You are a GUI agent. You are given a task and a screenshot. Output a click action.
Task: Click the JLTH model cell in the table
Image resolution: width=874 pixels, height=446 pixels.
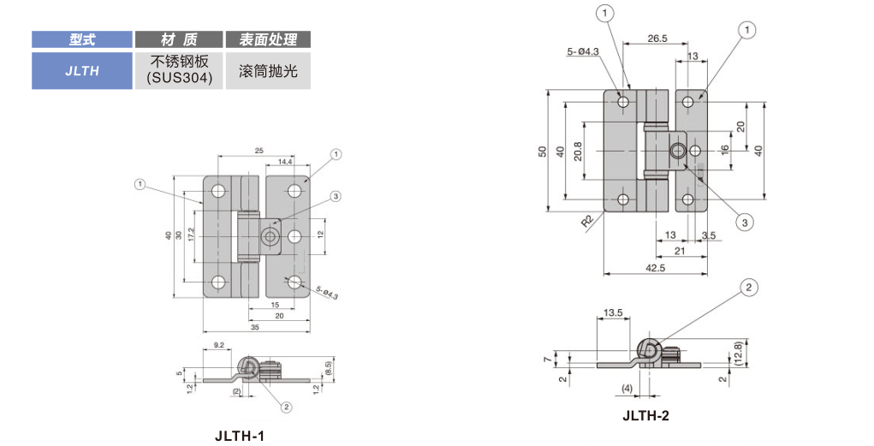coord(82,71)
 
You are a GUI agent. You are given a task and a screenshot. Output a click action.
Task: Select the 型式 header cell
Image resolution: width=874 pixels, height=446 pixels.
coord(82,39)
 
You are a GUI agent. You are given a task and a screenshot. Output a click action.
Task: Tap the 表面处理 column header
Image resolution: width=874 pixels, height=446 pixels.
coord(268,39)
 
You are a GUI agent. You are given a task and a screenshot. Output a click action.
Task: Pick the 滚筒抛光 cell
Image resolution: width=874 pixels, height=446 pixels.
coord(268,71)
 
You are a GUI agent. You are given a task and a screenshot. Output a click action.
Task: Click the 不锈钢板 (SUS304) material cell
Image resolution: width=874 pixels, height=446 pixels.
coord(179,71)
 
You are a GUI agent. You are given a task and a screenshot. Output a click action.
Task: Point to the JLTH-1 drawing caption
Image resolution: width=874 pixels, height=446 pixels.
coord(240,436)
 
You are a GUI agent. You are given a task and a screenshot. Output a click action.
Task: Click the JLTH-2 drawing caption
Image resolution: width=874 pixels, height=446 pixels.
coord(645,416)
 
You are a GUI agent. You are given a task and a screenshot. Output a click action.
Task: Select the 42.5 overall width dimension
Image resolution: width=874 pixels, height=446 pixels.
coord(657,267)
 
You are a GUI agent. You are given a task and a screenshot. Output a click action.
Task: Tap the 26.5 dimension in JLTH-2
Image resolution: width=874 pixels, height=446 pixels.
coord(657,39)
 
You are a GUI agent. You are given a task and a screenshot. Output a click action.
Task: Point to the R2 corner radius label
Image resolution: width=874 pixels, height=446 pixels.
coord(587,221)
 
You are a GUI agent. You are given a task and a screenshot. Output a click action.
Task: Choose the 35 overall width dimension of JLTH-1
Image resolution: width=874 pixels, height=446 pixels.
coord(255,326)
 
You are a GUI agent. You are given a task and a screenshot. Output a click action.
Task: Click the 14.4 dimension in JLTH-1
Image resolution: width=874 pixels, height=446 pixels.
coord(285,161)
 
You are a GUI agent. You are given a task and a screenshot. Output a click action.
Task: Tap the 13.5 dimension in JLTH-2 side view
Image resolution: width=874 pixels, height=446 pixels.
coord(612,313)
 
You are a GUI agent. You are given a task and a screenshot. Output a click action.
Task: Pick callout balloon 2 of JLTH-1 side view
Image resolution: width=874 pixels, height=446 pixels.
coord(287,407)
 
